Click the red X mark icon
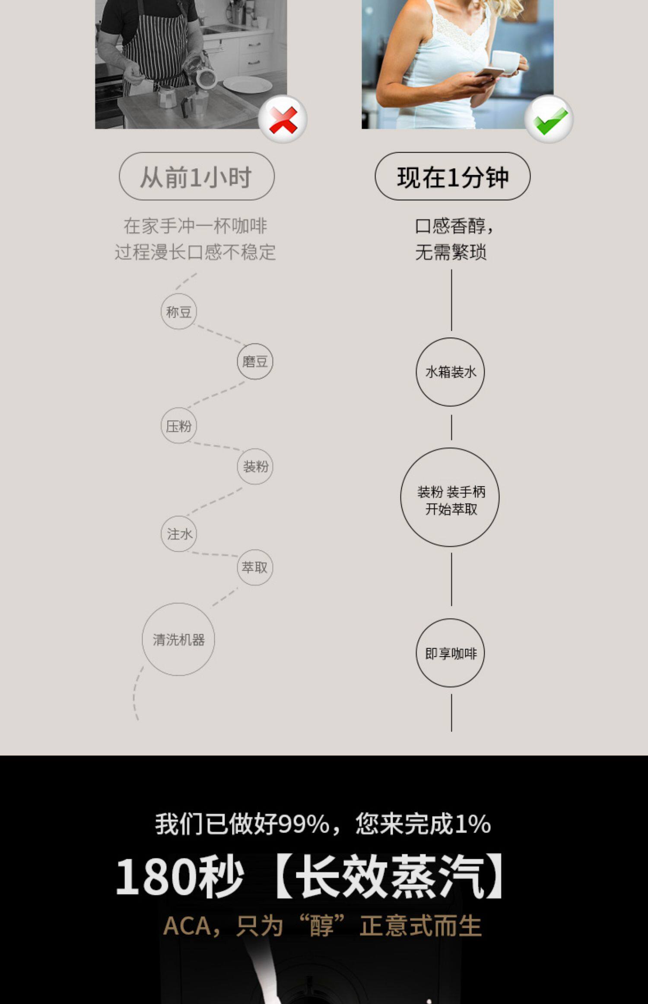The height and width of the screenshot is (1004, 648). [283, 119]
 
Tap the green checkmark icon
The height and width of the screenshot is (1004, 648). [549, 119]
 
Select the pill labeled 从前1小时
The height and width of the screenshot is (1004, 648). [197, 176]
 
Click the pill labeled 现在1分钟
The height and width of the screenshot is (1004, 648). [452, 176]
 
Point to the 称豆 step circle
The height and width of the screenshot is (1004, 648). [179, 311]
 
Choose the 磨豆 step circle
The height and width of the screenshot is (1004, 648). [255, 361]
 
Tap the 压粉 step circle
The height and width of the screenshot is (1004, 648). [179, 426]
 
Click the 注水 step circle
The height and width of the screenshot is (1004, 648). [179, 534]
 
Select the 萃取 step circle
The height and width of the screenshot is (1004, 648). [255, 567]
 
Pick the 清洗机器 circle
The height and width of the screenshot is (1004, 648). [178, 639]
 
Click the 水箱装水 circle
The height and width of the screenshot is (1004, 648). [450, 372]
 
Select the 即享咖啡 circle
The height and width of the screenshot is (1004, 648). [450, 653]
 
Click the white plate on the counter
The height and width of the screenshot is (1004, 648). [248, 84]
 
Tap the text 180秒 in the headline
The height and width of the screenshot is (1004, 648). [179, 877]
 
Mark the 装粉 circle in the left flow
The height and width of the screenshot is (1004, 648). [255, 466]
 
